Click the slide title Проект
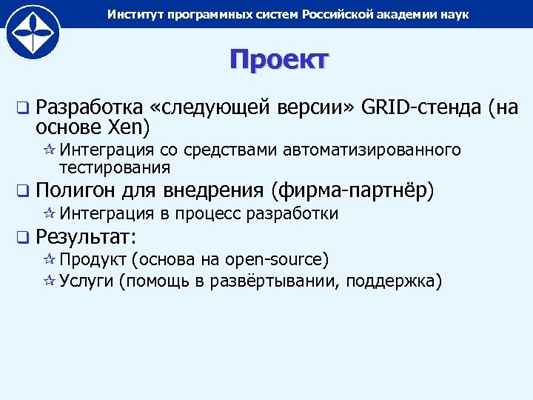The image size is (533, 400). coord(278,60)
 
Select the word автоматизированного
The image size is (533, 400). coord(372,151)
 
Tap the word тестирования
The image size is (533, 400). coord(115,167)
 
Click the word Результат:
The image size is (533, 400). coord(83,237)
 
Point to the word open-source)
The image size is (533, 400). coord(277,260)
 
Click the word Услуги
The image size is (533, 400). coord(87,281)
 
